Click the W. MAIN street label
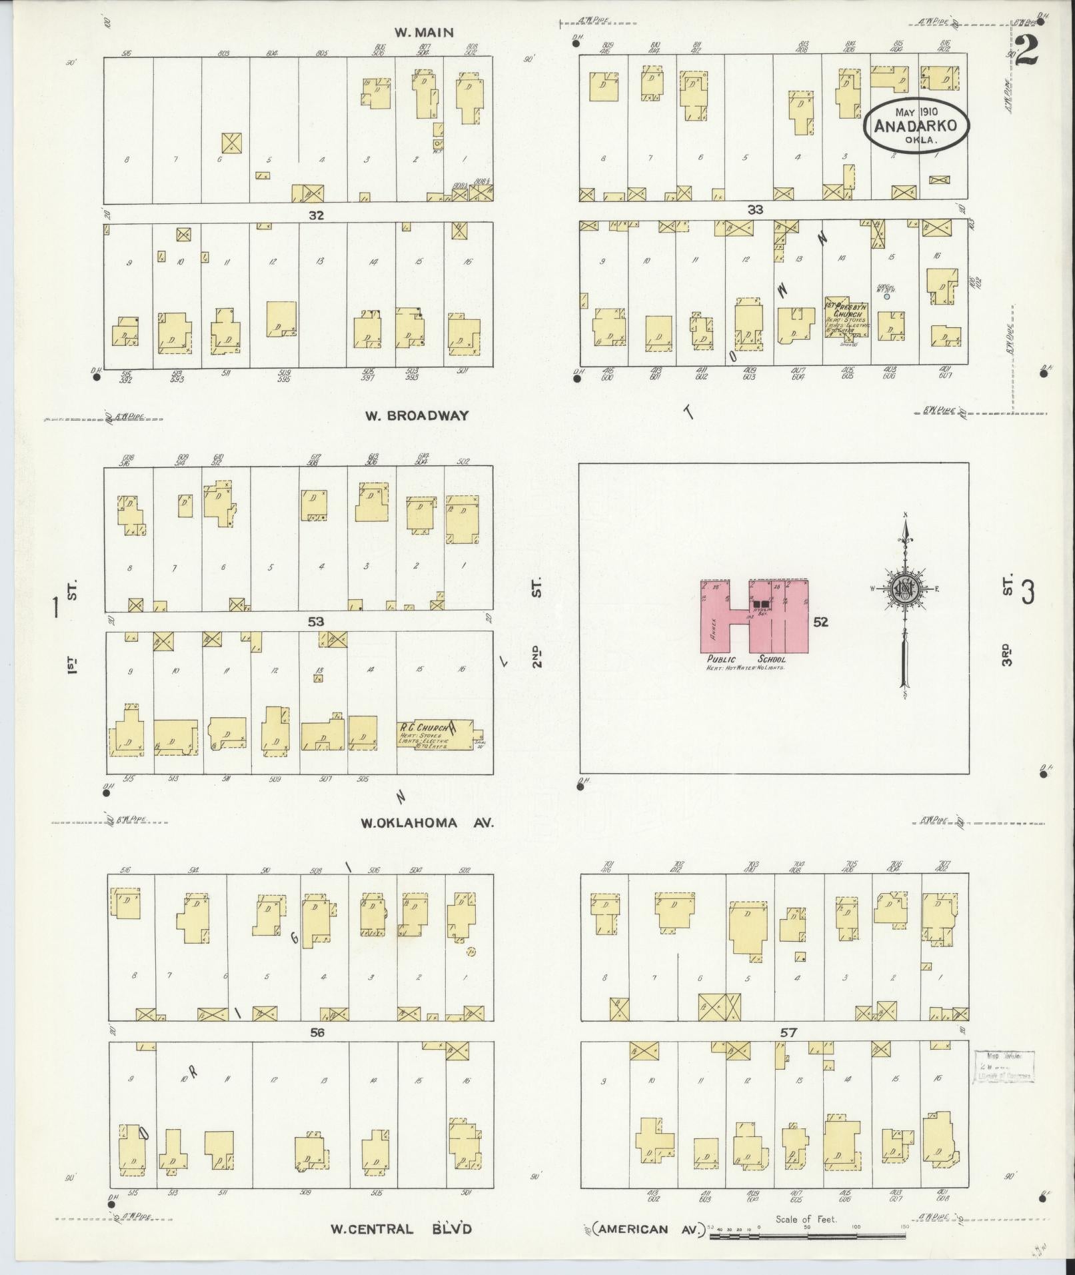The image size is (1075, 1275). [414, 32]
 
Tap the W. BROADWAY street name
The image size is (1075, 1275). [417, 415]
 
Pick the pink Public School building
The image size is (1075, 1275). [754, 617]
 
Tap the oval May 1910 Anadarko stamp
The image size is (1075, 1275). [916, 125]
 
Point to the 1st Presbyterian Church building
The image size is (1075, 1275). [846, 317]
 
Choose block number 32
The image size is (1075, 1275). [315, 215]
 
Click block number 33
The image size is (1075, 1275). [754, 209]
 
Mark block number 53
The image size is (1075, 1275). [315, 622]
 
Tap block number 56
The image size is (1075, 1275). [317, 1032]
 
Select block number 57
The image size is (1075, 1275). [788, 1032]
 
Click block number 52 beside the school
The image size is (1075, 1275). [820, 622]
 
